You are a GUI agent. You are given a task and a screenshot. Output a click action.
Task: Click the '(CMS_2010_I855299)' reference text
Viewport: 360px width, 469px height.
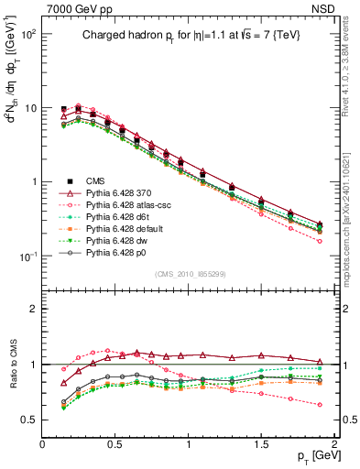[190, 274]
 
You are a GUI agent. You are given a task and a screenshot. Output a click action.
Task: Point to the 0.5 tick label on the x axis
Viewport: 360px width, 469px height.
[115, 443]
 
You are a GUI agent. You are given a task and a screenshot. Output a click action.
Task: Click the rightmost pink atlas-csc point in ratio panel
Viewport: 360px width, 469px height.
[320, 404]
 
